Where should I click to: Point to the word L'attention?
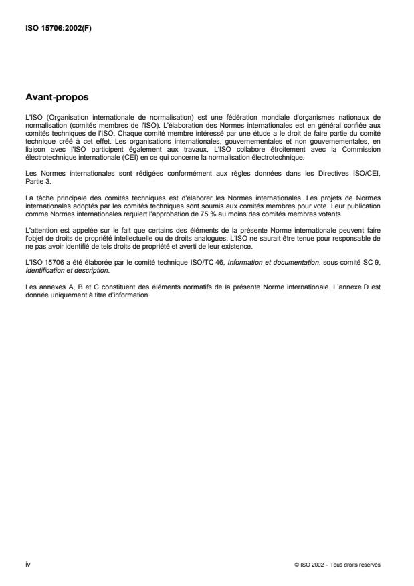click(x=39, y=221)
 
